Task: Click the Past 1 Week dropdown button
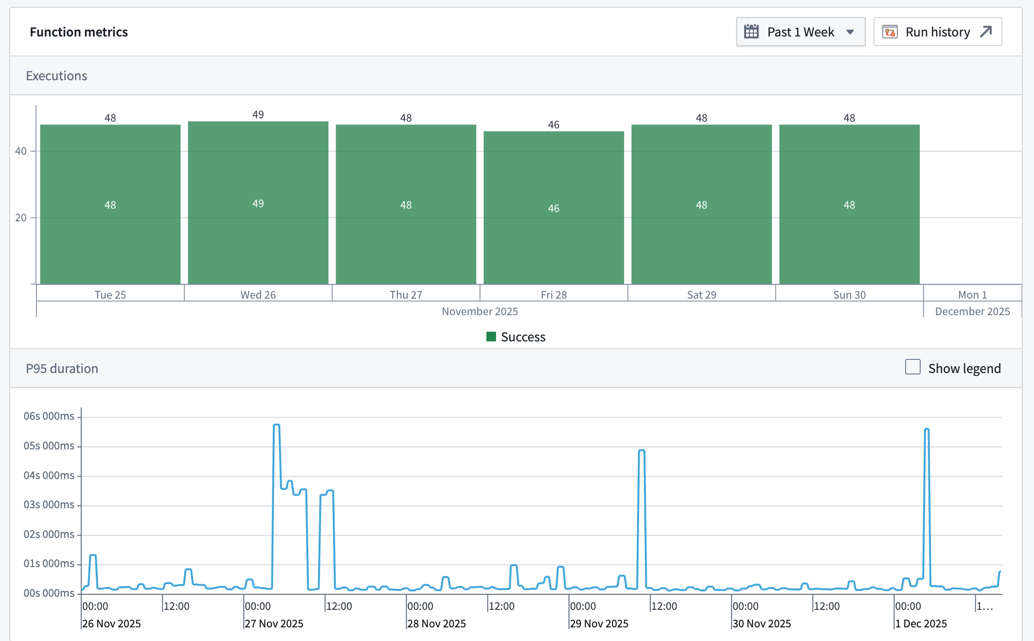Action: point(801,32)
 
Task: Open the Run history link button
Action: point(937,32)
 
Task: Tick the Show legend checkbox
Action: point(912,367)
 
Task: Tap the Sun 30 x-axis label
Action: point(849,295)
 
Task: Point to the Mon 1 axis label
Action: point(972,295)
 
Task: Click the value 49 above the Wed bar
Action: point(258,114)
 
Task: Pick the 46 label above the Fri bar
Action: point(553,125)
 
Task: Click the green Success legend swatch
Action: point(491,337)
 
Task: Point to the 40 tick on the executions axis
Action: point(20,151)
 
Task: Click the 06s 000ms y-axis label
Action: point(49,416)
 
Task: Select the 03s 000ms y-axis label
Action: point(49,505)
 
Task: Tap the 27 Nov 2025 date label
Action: point(274,623)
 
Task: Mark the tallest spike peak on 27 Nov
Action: point(276,425)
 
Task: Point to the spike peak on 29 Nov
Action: point(642,451)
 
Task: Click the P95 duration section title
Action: point(62,369)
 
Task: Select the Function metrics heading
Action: point(79,32)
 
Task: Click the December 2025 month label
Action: point(972,311)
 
